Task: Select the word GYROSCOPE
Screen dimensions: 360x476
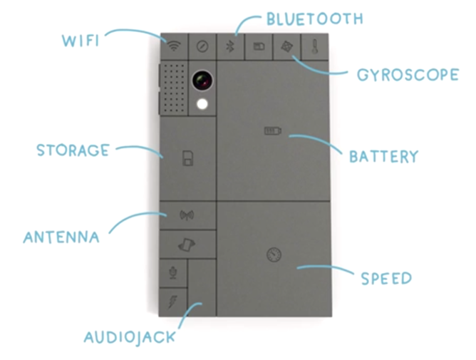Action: tap(404, 73)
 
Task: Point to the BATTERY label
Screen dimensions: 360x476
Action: tap(383, 155)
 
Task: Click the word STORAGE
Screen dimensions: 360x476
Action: tap(73, 150)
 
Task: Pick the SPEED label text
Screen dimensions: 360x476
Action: tap(386, 277)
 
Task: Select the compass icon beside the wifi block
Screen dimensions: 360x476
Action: tap(202, 46)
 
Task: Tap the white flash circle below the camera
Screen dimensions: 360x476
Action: tap(203, 104)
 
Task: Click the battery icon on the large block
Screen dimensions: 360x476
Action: tap(272, 130)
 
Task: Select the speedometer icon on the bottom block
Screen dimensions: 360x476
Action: tap(272, 254)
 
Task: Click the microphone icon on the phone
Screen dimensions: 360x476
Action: tap(172, 272)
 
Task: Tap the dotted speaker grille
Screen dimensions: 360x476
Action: tap(173, 88)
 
